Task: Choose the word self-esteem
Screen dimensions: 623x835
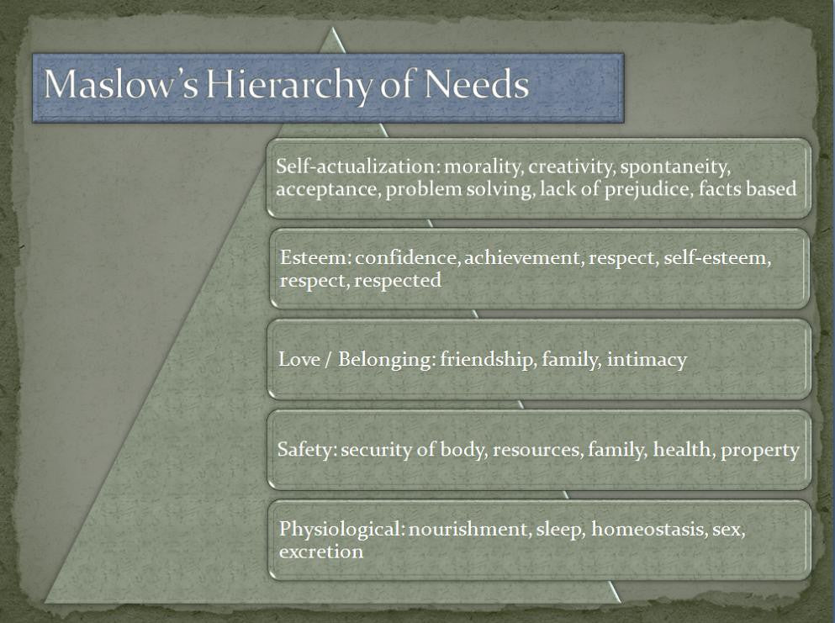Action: (716, 257)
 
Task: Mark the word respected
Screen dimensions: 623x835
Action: (397, 281)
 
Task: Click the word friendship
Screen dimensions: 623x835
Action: (488, 360)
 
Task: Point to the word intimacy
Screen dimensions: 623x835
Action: (647, 360)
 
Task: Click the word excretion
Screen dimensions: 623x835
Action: (321, 552)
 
